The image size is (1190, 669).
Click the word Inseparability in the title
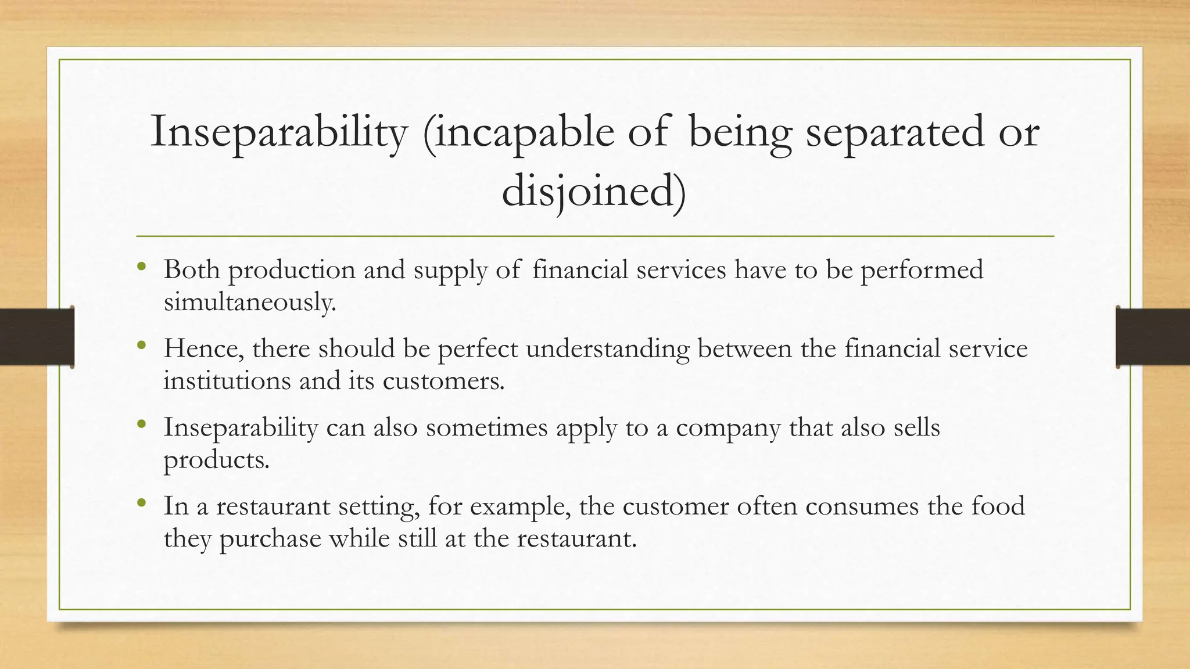[279, 132]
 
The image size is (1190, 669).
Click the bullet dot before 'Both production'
[141, 267]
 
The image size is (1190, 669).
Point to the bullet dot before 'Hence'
[141, 346]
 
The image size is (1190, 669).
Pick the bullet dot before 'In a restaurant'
[141, 503]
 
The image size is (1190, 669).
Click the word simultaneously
[250, 302]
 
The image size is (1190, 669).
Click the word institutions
[227, 381]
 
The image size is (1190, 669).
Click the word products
[216, 460]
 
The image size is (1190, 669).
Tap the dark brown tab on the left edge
[37, 337]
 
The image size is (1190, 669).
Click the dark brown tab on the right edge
[1153, 337]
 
